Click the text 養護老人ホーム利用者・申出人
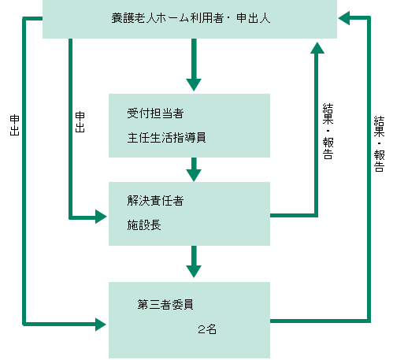pyautogui.click(x=191, y=18)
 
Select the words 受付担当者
pyautogui.click(x=155, y=113)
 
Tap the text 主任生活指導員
pyautogui.click(x=166, y=138)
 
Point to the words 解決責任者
pyautogui.click(x=155, y=201)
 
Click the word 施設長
pyautogui.click(x=144, y=225)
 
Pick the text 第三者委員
pyautogui.click(x=165, y=305)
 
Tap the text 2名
pyautogui.click(x=207, y=329)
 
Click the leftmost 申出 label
pyautogui.click(x=15, y=125)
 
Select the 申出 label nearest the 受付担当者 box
pyautogui.click(x=80, y=122)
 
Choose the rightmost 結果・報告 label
pyautogui.click(x=379, y=144)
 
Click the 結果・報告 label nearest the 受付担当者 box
pyautogui.click(x=328, y=132)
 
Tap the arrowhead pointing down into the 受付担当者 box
pyautogui.click(x=194, y=85)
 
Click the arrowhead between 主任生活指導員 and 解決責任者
pyautogui.click(x=194, y=176)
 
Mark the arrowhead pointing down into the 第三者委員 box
pyautogui.click(x=194, y=272)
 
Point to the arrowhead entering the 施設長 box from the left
pyautogui.click(x=101, y=217)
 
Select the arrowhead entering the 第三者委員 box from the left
pyautogui.click(x=101, y=325)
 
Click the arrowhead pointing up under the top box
pyautogui.click(x=317, y=48)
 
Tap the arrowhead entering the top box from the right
pyautogui.click(x=344, y=18)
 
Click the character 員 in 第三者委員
pyautogui.click(x=188, y=305)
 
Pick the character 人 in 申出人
pyautogui.click(x=265, y=18)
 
